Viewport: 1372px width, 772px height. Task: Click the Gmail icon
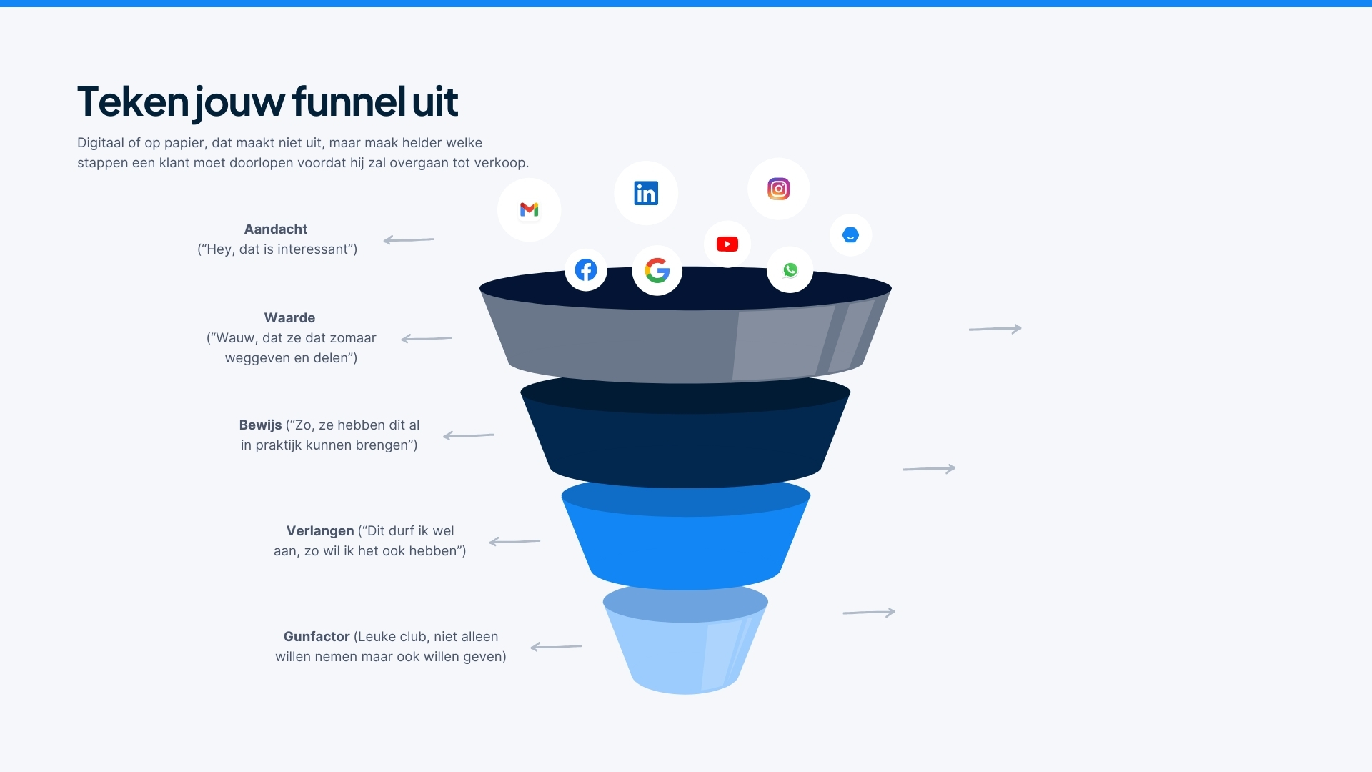tap(529, 209)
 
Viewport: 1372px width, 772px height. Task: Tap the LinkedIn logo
tap(646, 193)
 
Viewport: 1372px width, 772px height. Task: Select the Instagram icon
tap(778, 189)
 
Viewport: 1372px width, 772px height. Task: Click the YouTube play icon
tap(727, 244)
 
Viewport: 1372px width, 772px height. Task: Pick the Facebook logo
tap(586, 270)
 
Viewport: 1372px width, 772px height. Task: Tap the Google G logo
tap(657, 270)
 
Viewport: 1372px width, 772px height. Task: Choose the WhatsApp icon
tap(790, 270)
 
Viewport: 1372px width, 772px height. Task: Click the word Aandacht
tap(276, 229)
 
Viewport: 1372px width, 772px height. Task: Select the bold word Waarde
tap(289, 318)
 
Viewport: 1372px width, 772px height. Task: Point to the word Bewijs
tap(260, 425)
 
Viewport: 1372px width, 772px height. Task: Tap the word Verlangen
tap(320, 531)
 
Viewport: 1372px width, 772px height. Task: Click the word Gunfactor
tap(317, 637)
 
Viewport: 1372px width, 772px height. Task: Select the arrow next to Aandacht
tap(409, 240)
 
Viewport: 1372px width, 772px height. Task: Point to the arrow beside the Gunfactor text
tap(556, 647)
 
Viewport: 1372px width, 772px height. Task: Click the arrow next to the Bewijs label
tap(469, 435)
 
